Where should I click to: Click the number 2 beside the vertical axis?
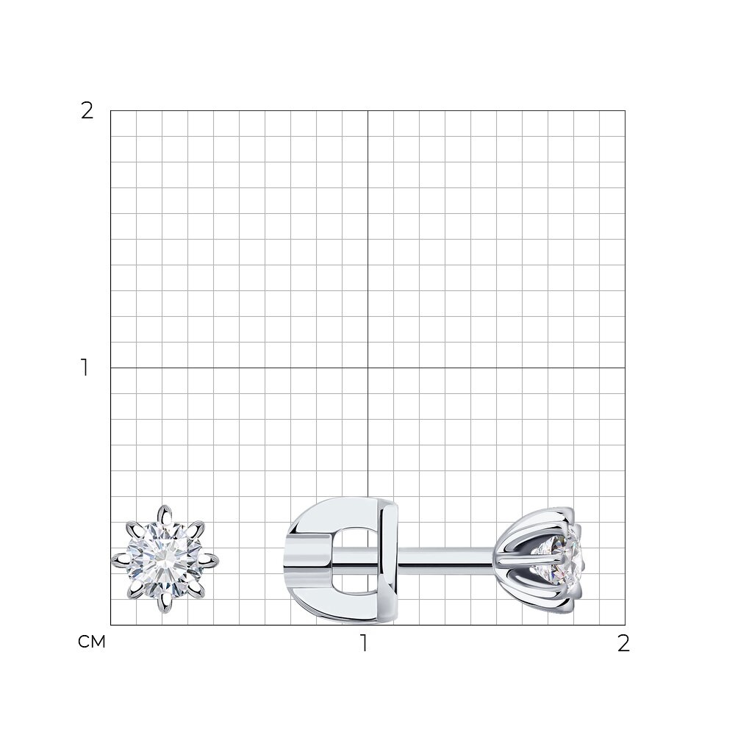coord(87,111)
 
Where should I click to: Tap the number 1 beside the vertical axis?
coord(85,367)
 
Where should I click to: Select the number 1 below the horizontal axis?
coord(364,644)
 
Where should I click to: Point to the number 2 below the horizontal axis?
coord(623,644)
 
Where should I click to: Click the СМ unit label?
coord(92,642)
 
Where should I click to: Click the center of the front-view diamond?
coord(165,559)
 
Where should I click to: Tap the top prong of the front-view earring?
coord(165,514)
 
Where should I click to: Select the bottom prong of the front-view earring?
coord(165,603)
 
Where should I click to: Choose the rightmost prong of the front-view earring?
coord(209,559)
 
